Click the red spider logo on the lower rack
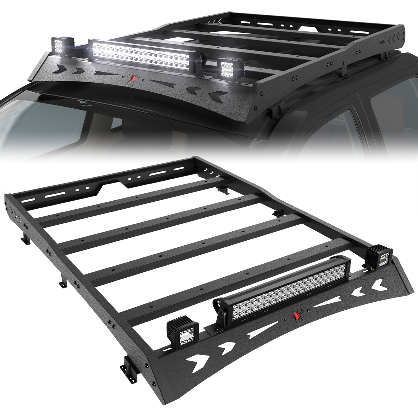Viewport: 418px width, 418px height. (x=296, y=316)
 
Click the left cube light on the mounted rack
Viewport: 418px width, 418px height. (x=63, y=45)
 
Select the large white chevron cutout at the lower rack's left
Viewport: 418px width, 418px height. (x=200, y=357)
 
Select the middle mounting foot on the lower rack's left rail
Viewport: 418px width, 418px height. (x=63, y=282)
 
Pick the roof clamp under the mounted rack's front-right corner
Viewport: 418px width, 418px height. (x=276, y=111)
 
